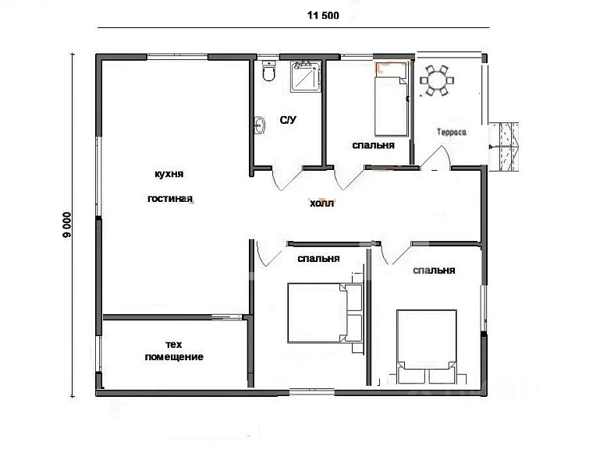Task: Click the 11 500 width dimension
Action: click(x=323, y=16)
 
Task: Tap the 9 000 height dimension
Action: click(x=67, y=225)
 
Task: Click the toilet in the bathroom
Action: click(x=268, y=71)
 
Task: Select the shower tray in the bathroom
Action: click(x=305, y=76)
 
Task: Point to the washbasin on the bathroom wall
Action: click(x=259, y=126)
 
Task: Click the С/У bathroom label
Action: click(x=288, y=120)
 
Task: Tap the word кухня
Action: click(x=169, y=174)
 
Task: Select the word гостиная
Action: click(x=170, y=199)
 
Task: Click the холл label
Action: click(x=321, y=203)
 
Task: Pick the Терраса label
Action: click(x=452, y=133)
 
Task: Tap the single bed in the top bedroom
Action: click(x=391, y=101)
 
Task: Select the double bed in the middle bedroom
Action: click(x=325, y=313)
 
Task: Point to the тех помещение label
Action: click(x=174, y=351)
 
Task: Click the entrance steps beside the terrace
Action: click(x=504, y=147)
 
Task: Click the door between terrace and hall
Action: click(x=436, y=158)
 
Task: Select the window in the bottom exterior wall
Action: click(x=312, y=391)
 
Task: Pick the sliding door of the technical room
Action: click(x=227, y=317)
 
